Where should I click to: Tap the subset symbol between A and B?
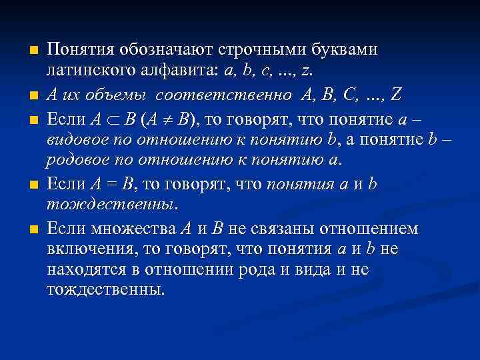(112, 121)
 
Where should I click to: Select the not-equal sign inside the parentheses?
(164, 121)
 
